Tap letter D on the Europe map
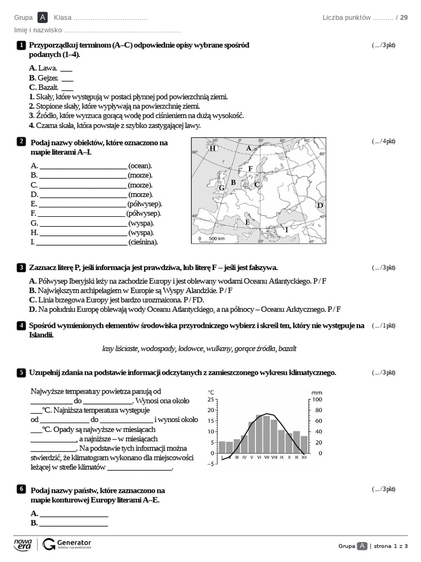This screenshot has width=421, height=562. tap(321, 205)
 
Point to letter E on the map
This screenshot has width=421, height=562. tap(248, 222)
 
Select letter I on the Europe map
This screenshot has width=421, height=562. tap(286, 229)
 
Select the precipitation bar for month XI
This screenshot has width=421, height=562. tap(296, 442)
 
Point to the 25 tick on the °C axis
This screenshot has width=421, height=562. tap(212, 400)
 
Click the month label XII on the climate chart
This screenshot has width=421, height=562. tap(304, 457)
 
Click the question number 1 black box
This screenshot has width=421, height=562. tap(21, 45)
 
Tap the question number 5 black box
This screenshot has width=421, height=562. tap(21, 373)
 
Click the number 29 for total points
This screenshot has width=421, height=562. tap(404, 18)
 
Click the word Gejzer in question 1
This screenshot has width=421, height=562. tap(48, 78)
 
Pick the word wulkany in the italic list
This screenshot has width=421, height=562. tap(220, 348)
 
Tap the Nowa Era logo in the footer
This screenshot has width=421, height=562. tap(23, 544)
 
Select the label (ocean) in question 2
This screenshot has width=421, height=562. tap(140, 166)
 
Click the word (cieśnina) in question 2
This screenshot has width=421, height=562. tap(143, 242)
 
